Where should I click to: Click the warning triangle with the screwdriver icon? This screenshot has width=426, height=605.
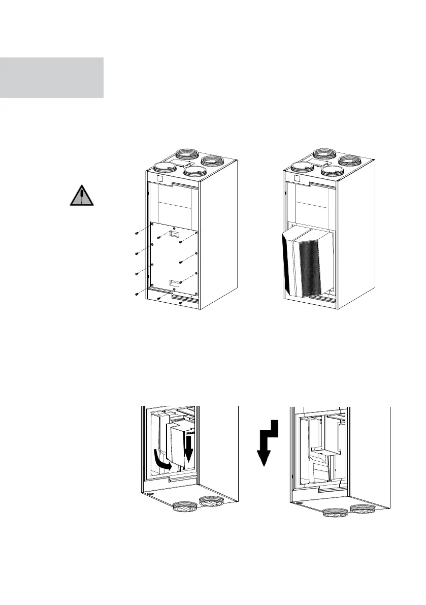(82, 196)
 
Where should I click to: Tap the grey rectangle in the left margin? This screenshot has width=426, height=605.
(51, 77)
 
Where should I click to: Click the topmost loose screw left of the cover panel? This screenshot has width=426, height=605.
(137, 233)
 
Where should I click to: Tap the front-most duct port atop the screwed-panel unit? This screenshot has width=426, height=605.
(195, 171)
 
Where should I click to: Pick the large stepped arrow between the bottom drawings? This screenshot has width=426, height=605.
(268, 442)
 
